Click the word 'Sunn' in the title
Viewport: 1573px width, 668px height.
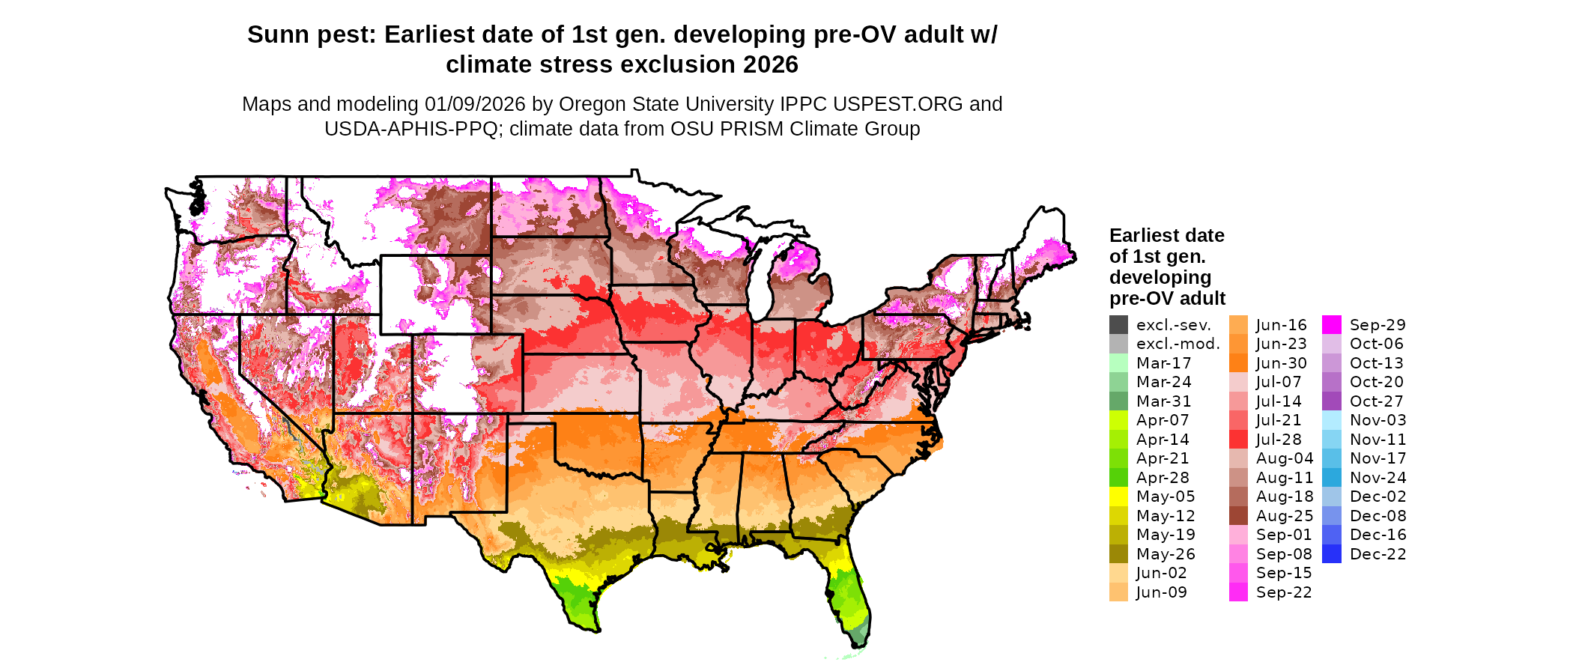click(x=274, y=34)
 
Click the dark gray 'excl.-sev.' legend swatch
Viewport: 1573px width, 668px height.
click(x=1118, y=325)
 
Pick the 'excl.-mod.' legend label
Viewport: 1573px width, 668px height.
click(x=1178, y=344)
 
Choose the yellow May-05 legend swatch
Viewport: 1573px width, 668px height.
click(x=1118, y=497)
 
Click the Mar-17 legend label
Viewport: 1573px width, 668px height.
click(x=1163, y=363)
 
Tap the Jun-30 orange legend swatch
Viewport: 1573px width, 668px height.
click(x=1238, y=363)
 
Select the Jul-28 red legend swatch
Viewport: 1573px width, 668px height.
click(x=1238, y=440)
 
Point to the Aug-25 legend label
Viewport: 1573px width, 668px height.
click(x=1285, y=516)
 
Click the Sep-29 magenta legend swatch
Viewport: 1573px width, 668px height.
click(x=1332, y=325)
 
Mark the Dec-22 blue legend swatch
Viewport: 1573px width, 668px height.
click(x=1332, y=554)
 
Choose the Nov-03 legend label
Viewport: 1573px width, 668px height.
click(x=1377, y=420)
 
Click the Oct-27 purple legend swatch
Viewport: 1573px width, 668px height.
click(x=1332, y=401)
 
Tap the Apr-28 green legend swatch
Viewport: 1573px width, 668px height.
click(x=1118, y=478)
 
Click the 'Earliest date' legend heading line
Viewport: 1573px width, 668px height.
click(x=1166, y=236)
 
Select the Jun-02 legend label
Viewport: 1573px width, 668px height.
click(x=1161, y=573)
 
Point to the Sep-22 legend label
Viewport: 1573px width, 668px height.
click(x=1284, y=592)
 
